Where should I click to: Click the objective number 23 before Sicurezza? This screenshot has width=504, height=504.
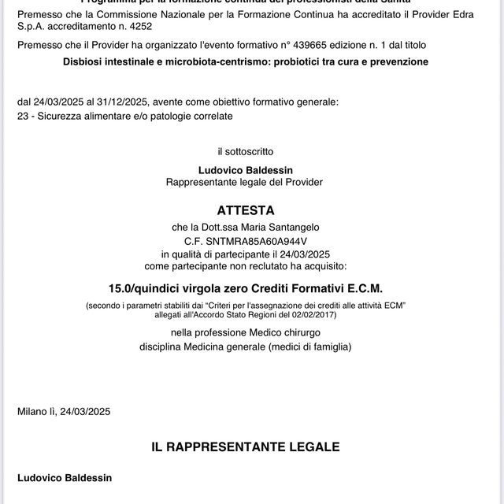[x=22, y=117]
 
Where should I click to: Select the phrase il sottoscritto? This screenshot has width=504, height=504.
[x=248, y=150]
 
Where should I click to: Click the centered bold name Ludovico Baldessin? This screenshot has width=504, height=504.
[x=244, y=170]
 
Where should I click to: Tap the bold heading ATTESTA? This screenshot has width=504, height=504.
[x=246, y=210]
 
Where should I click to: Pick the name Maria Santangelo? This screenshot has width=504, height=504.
[x=282, y=228]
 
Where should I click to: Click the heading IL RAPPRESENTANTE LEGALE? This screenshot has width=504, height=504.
[x=246, y=447]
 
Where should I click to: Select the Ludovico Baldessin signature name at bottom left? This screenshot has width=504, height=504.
[x=65, y=478]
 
